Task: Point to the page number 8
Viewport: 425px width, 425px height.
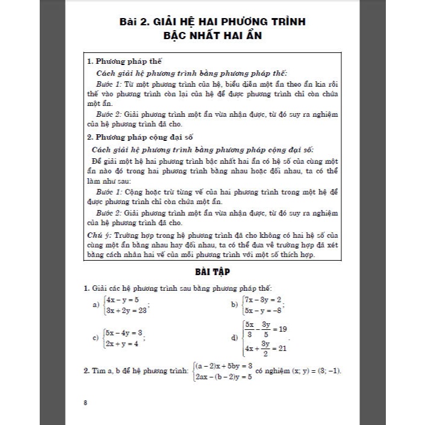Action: [x=85, y=402]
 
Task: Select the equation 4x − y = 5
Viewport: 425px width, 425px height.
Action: [x=123, y=300]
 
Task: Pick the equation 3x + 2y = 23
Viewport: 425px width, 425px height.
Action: [x=126, y=311]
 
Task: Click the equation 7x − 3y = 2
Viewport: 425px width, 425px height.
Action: [x=263, y=300]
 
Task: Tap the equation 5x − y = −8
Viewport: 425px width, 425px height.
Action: [x=263, y=311]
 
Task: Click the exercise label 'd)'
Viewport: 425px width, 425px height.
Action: [x=235, y=338]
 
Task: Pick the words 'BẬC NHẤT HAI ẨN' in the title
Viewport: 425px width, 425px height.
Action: [x=213, y=36]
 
